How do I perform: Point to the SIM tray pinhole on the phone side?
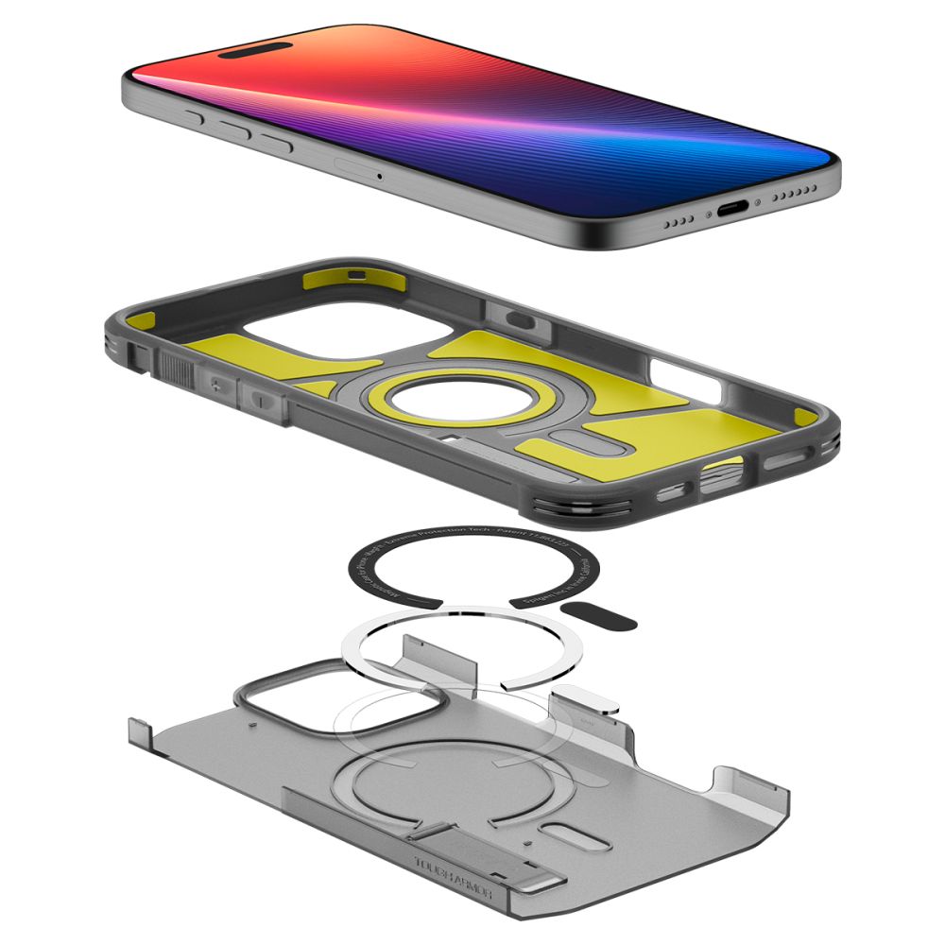click(380, 175)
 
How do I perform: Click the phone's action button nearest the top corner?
click(196, 117)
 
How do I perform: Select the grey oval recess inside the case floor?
click(583, 443)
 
